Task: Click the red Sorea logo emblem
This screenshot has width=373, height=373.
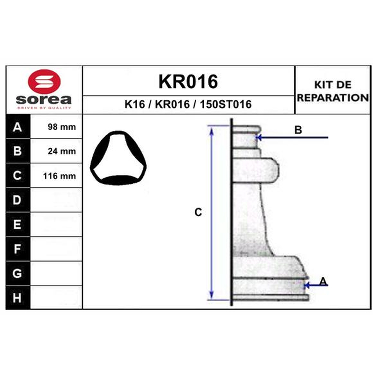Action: (x=44, y=82)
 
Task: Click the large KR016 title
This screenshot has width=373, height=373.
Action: (x=188, y=82)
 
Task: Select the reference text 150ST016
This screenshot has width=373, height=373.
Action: (x=226, y=104)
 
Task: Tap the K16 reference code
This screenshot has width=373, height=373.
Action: (x=135, y=104)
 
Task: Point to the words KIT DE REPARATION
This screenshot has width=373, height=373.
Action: (x=333, y=91)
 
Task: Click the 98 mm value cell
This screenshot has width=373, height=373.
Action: (x=56, y=127)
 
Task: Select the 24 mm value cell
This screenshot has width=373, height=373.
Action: (x=56, y=151)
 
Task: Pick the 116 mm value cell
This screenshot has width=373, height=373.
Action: (x=56, y=176)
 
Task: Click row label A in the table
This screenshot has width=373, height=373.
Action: (x=17, y=127)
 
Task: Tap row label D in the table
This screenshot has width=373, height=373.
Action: (x=17, y=200)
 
